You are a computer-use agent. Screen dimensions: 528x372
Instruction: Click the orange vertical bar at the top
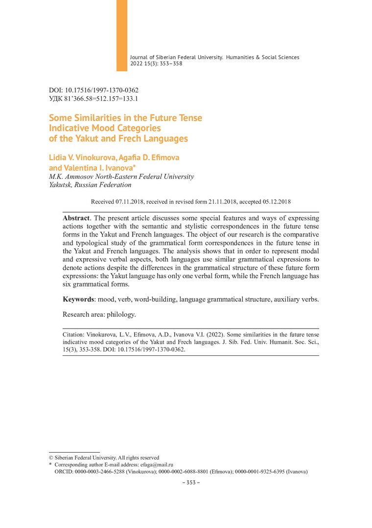click(x=121, y=35)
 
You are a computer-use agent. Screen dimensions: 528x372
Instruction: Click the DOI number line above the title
click(x=94, y=90)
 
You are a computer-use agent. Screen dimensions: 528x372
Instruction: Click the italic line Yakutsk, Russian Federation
click(x=90, y=185)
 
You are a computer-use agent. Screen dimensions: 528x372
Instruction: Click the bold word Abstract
click(x=76, y=217)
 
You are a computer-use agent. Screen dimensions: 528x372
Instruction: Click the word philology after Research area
click(x=121, y=314)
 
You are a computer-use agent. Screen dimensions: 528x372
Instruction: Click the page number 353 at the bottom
click(x=191, y=483)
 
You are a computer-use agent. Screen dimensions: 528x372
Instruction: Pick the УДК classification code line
click(x=93, y=98)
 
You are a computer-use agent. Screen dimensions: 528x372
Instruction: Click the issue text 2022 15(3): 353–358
click(x=156, y=64)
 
